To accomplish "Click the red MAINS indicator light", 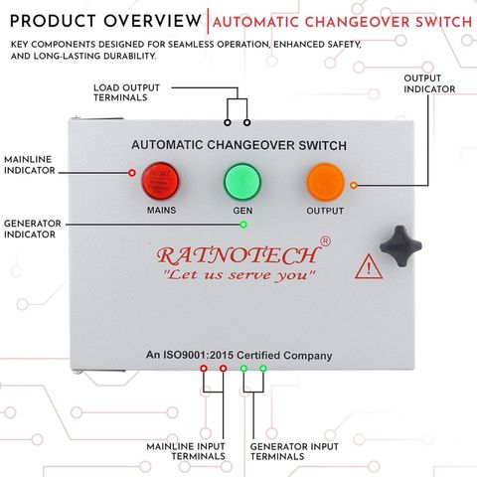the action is (160, 181).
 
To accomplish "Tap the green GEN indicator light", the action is (242, 181).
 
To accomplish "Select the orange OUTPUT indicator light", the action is (325, 182).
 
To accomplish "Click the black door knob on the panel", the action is (400, 246).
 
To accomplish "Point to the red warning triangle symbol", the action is (369, 266).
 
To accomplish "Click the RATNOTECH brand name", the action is (238, 255).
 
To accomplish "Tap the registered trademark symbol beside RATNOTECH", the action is (325, 241).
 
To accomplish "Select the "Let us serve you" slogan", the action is (239, 275).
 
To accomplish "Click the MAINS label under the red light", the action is (161, 210).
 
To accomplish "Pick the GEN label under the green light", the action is (242, 211).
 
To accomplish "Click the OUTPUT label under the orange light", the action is (325, 211).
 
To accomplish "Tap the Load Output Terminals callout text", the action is (126, 92).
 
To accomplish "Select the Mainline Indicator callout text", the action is (30, 165).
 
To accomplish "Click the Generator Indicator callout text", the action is (33, 229).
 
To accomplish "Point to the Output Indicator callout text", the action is (429, 83).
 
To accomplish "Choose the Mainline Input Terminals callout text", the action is (186, 451).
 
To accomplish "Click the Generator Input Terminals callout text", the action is (294, 451).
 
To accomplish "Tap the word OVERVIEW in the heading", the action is (152, 21).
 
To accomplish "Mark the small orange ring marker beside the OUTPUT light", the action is (354, 185).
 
